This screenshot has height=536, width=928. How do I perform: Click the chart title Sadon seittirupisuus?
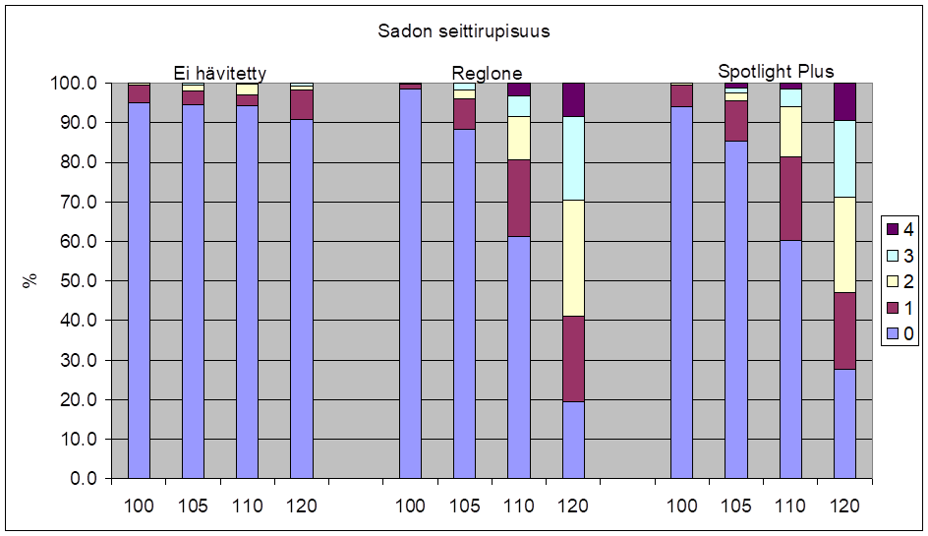465,30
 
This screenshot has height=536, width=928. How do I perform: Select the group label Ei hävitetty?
220,73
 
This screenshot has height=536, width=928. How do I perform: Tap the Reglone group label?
488,73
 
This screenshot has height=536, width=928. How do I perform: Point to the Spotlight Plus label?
776,71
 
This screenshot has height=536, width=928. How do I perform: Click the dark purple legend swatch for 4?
893,229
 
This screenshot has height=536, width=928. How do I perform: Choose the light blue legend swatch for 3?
893,256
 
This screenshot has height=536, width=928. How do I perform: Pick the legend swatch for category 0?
893,335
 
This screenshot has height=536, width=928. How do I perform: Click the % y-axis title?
29,280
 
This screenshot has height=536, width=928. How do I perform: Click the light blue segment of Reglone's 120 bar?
573,157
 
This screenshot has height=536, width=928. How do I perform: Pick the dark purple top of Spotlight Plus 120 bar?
843,101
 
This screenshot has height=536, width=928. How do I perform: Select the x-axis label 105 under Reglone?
465,506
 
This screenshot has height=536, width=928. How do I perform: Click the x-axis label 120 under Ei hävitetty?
301,506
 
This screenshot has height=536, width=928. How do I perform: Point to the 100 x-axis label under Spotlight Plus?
682,506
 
